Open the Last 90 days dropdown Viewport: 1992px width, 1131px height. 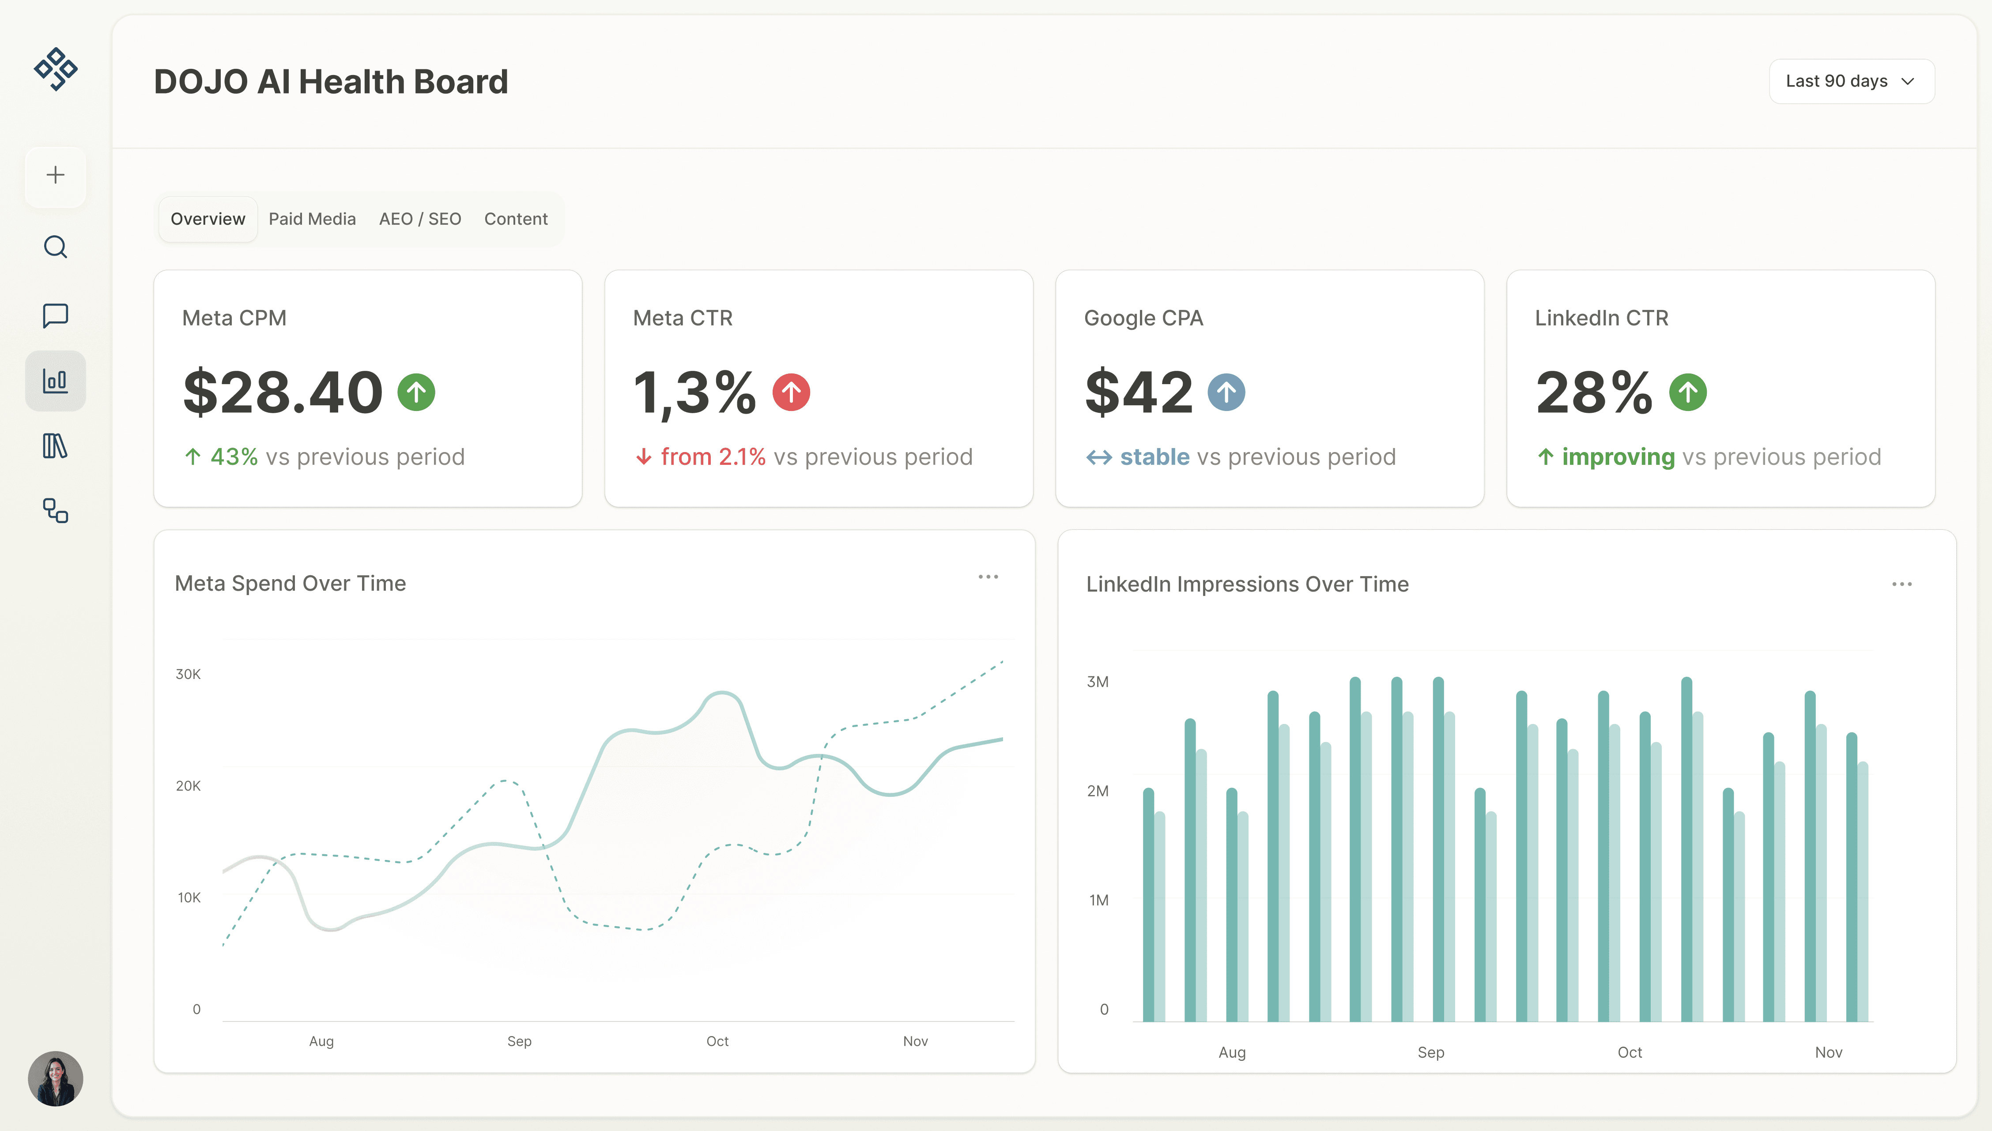pos(1851,82)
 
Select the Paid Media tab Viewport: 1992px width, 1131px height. pos(312,219)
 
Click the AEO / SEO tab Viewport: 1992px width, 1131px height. pos(419,219)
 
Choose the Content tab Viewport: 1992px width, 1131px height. pos(516,219)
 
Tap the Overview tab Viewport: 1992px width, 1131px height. pos(207,219)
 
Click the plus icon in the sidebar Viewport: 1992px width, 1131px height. pos(55,176)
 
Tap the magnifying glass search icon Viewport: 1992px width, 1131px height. pos(55,247)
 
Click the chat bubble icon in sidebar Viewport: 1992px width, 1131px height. pos(55,315)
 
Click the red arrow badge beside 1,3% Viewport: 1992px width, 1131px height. pos(791,392)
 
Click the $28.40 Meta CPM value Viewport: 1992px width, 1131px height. pos(283,392)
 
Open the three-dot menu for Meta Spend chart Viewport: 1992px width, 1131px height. pos(988,577)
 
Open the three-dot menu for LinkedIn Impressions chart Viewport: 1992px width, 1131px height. pos(1901,584)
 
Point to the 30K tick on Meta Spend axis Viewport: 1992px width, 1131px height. pos(188,674)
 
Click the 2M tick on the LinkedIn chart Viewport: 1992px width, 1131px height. pos(1098,791)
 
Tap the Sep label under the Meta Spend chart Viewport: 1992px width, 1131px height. pos(519,1041)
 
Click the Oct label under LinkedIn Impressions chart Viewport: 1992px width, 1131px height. pos(1630,1052)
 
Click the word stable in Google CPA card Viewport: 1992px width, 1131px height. pos(1154,457)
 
